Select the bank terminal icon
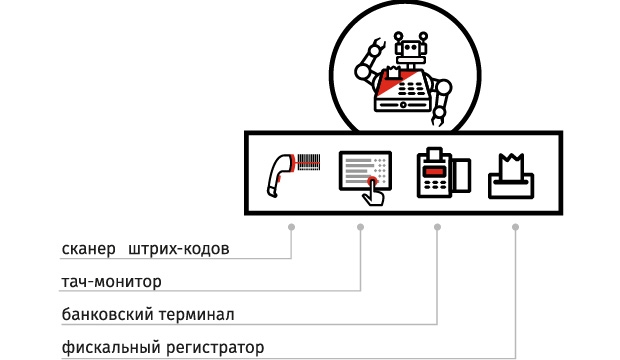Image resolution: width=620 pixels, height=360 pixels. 441,173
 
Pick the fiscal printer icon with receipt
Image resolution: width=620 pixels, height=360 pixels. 510,176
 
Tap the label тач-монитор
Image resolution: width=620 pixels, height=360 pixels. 111,281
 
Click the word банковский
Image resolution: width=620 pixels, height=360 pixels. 107,315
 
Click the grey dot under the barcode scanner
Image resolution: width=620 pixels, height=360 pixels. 291,227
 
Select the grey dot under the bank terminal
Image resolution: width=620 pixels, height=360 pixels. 437,227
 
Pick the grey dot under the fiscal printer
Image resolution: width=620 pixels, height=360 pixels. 515,227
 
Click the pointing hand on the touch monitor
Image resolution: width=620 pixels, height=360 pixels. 372,189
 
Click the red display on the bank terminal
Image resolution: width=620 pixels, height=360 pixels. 432,171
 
